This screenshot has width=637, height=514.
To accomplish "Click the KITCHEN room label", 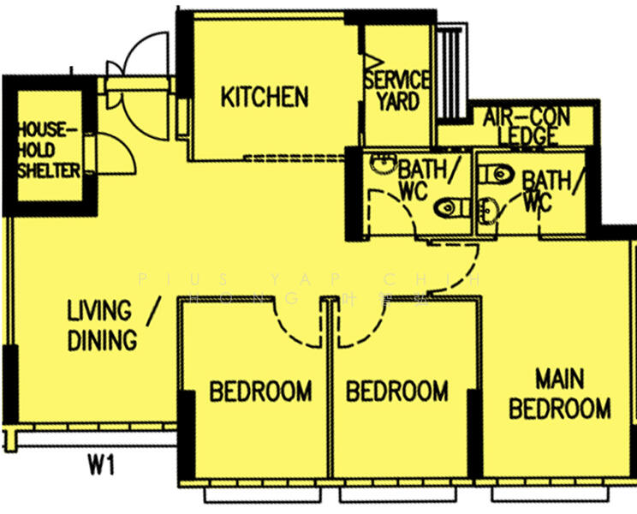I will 265,97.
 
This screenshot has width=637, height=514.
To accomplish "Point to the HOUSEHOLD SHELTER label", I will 49,151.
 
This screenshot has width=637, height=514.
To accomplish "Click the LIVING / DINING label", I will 103,325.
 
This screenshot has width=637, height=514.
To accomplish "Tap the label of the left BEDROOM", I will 260,391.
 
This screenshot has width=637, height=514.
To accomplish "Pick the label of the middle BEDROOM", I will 396,391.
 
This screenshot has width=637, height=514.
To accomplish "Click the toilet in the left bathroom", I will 451,207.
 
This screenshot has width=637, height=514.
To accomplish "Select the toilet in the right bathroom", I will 494,175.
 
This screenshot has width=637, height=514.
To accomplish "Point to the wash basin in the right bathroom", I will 487,207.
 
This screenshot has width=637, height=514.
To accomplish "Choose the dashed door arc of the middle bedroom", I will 357,330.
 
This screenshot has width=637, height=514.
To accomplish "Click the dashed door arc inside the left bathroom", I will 390,210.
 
